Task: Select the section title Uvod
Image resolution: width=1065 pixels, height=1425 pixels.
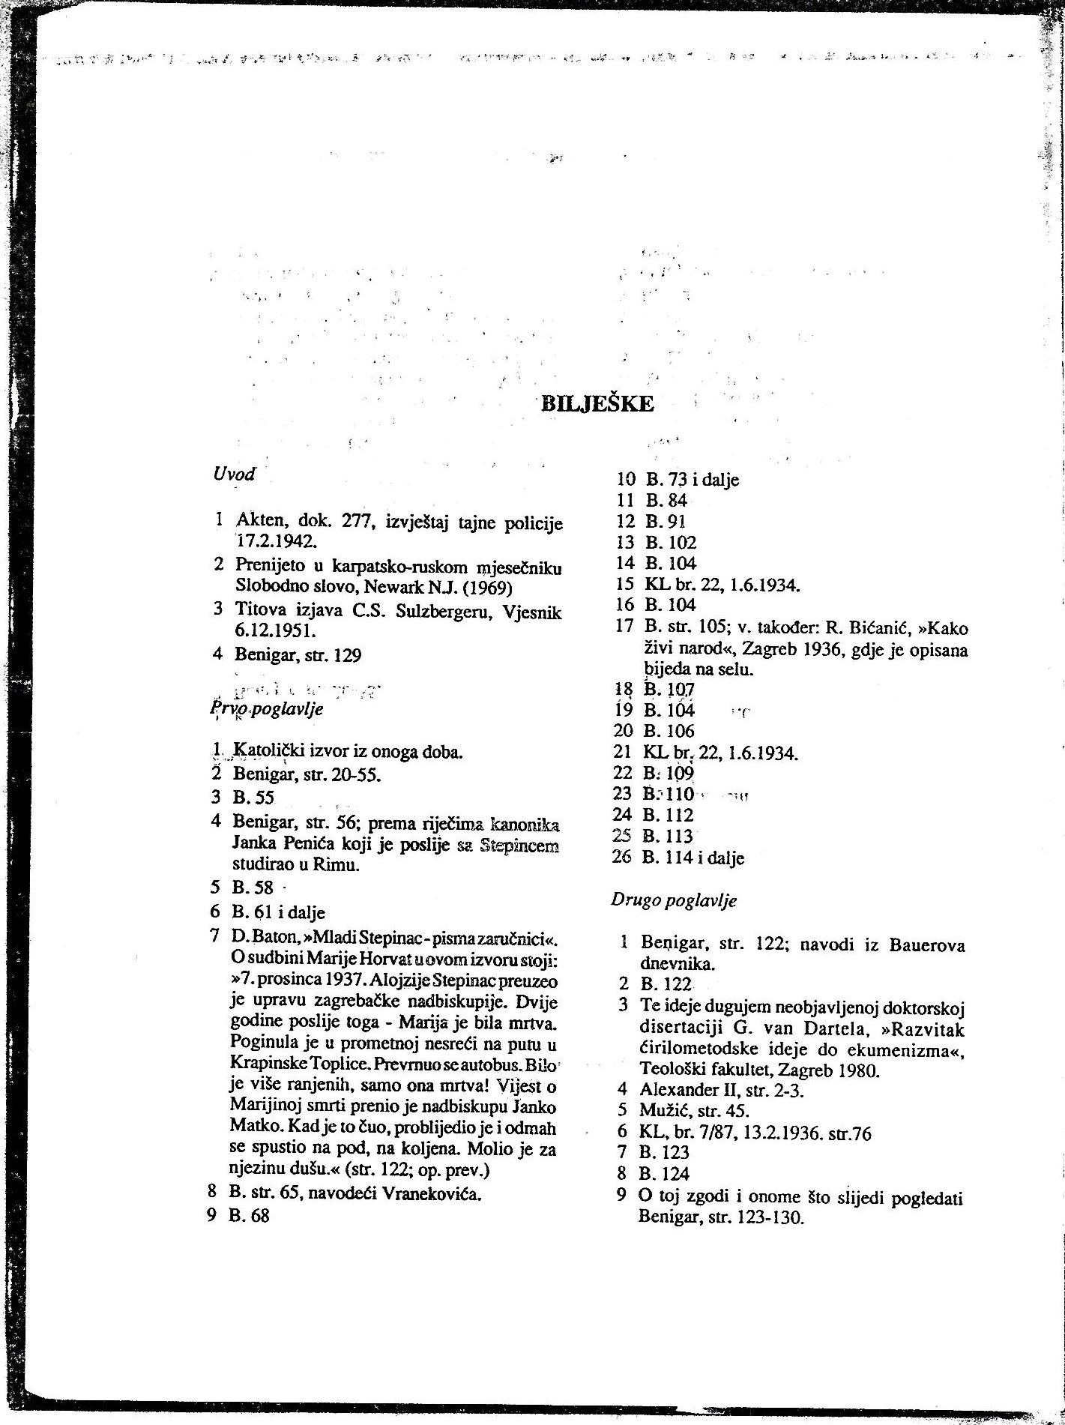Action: (234, 474)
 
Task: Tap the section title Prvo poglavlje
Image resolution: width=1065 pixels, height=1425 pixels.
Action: (268, 709)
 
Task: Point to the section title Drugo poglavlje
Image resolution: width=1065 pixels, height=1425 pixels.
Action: (674, 900)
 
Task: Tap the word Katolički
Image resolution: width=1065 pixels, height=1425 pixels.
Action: (271, 751)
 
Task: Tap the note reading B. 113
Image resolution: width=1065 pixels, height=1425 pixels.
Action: (668, 837)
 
